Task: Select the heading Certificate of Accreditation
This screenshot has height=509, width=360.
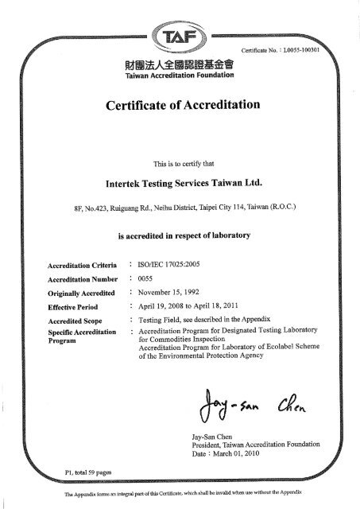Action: [180, 105]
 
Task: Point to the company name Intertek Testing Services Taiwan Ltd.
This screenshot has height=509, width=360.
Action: [179, 182]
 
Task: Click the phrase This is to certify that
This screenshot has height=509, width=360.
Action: [180, 164]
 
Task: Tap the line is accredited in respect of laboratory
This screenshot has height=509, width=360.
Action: [180, 236]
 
